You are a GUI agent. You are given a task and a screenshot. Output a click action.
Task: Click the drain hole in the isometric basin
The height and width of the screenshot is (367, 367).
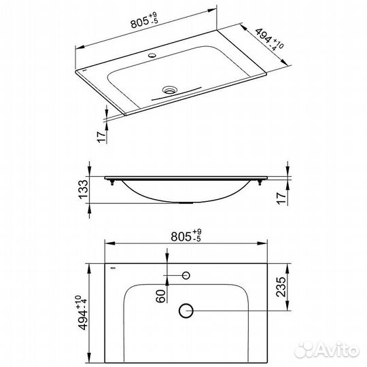[x=168, y=88]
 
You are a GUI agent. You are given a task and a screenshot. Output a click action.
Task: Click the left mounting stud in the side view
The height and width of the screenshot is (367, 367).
[x=111, y=180]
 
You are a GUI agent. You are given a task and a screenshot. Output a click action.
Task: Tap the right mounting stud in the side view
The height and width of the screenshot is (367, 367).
[x=261, y=180]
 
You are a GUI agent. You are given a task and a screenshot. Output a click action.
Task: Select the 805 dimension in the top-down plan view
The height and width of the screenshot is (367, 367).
[x=179, y=237]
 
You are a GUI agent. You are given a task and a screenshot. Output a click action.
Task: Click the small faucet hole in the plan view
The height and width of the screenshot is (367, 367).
[x=186, y=275]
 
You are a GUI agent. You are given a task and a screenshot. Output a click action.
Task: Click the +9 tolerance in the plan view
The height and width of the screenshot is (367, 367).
[x=197, y=232]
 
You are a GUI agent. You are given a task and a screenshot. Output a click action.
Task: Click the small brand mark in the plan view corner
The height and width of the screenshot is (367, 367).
[x=112, y=268]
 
